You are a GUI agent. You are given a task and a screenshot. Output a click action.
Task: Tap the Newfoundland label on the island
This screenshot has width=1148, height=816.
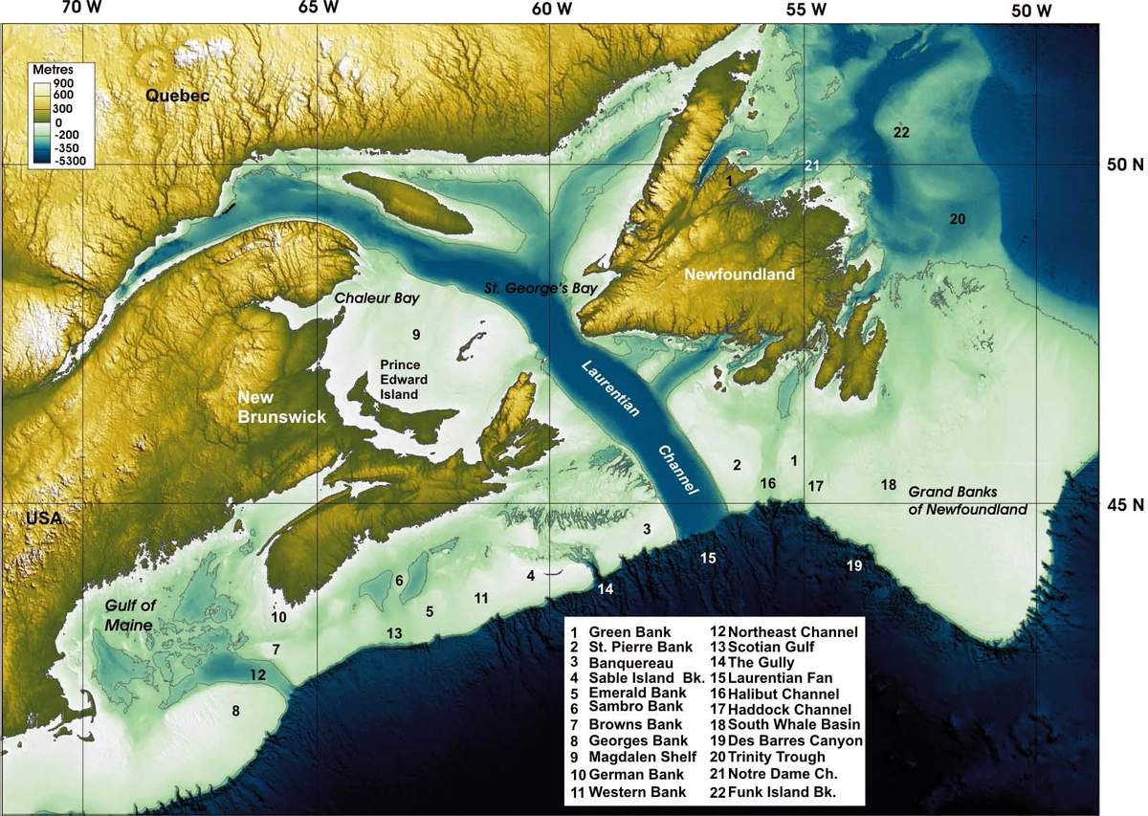coord(740,275)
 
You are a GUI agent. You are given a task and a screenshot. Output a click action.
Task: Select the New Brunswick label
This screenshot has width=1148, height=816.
coord(282,408)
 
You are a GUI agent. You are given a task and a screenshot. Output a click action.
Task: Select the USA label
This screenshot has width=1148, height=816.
coord(44,518)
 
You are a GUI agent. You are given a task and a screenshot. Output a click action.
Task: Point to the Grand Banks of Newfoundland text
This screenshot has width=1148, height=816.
coord(967,499)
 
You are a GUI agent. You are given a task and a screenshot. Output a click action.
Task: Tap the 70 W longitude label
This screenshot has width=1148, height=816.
coord(82,10)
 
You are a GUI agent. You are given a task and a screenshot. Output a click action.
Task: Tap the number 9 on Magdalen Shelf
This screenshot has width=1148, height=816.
coord(416,334)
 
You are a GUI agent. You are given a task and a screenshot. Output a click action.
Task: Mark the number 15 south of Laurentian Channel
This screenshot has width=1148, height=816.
coord(707,558)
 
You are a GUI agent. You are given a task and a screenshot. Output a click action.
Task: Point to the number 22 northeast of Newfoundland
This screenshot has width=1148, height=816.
coord(900,132)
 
